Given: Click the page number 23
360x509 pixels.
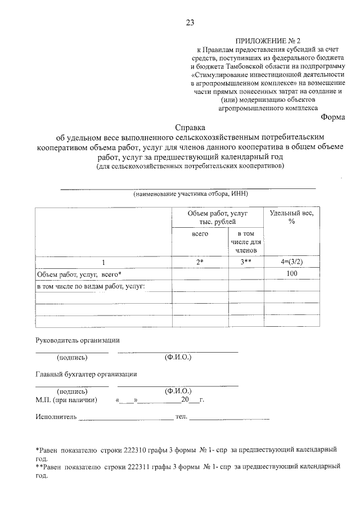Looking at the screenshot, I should (x=190, y=22).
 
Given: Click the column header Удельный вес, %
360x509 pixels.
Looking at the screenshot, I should (x=291, y=217).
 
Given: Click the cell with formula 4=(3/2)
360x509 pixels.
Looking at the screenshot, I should (x=291, y=262).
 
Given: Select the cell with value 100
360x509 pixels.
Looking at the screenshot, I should (x=291, y=274).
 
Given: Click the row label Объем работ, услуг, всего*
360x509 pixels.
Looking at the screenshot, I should (x=79, y=274).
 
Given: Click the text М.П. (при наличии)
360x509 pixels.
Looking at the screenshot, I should (x=66, y=400).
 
